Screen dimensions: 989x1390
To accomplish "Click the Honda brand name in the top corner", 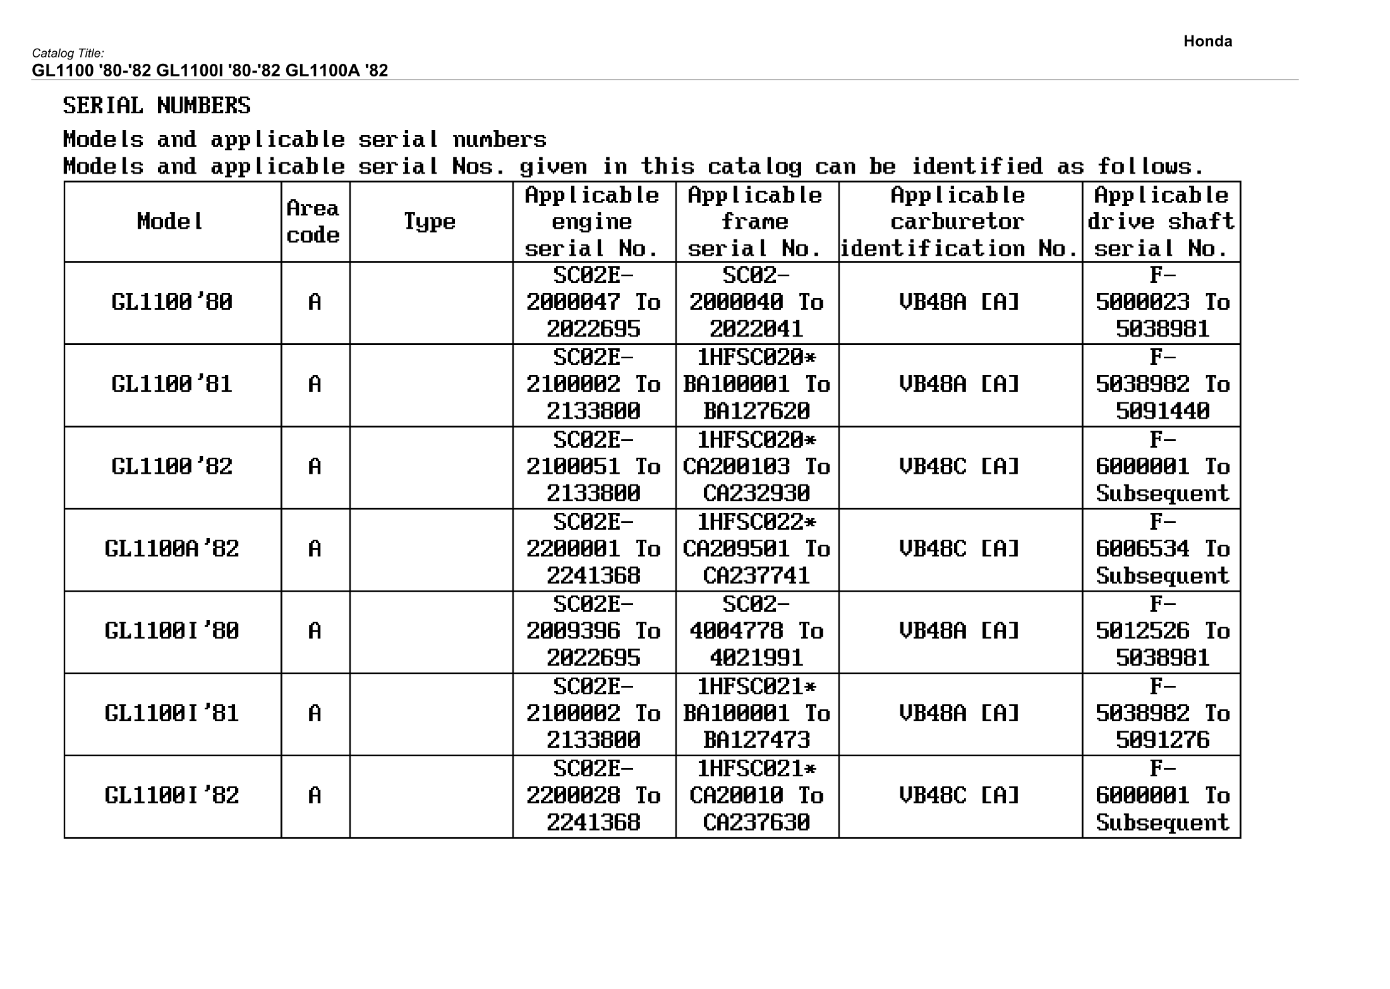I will (1207, 42).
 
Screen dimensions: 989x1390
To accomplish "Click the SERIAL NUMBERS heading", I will (157, 105).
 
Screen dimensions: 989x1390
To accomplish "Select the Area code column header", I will (313, 222).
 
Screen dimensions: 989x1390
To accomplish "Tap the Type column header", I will (430, 222).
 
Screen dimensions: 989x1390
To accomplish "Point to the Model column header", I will (171, 222).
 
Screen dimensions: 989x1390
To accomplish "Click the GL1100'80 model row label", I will (172, 303).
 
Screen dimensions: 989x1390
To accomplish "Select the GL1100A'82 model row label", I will (172, 549).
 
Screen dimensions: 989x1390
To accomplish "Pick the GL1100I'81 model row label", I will (172, 714).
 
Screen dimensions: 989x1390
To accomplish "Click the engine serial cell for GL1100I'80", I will (593, 631).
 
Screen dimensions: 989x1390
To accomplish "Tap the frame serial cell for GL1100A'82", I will (756, 549).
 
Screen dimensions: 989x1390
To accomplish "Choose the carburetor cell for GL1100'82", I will (960, 467).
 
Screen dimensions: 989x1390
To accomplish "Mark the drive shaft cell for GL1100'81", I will (1162, 385).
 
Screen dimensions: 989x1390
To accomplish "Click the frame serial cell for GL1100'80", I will (756, 303).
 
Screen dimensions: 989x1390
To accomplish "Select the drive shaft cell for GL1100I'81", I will (1162, 714).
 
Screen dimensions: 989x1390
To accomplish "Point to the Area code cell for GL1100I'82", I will (315, 796).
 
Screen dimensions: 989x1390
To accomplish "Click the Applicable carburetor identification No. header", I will (959, 222).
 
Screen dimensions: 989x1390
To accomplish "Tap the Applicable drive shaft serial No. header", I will (1161, 222).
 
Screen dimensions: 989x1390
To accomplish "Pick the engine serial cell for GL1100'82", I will (593, 467).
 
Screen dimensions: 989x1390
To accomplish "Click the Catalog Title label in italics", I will (68, 54).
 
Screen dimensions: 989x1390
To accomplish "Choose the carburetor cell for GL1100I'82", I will (960, 796).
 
